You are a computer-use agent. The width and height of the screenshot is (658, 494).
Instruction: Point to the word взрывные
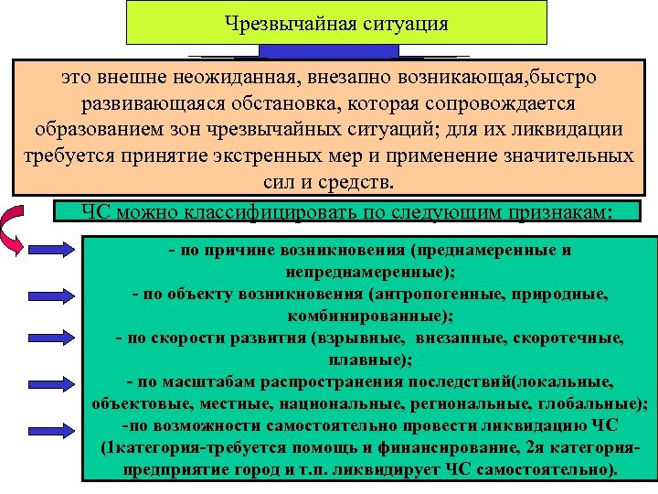click(x=361, y=338)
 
